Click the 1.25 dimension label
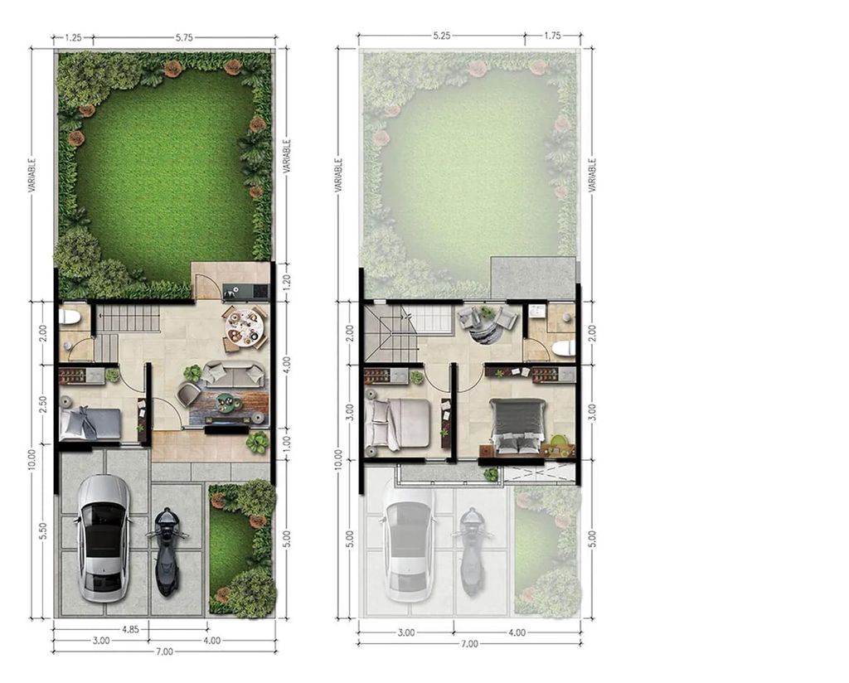pyautogui.click(x=73, y=38)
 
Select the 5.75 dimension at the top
pyautogui.click(x=184, y=38)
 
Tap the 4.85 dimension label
pyautogui.click(x=130, y=629)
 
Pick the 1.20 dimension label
pyautogui.click(x=288, y=281)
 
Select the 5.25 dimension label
pyautogui.click(x=442, y=36)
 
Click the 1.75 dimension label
pyautogui.click(x=553, y=36)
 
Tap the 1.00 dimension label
pyautogui.click(x=288, y=443)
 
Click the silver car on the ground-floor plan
pyautogui.click(x=104, y=539)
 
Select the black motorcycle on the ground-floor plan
pyautogui.click(x=167, y=552)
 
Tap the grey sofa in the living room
pyautogui.click(x=233, y=374)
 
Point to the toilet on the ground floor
pyautogui.click(x=70, y=317)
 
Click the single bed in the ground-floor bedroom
pyautogui.click(x=90, y=424)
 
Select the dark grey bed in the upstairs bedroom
pyautogui.click(x=517, y=425)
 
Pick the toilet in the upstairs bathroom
pyautogui.click(x=563, y=349)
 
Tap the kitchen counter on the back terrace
pyautogui.click(x=245, y=291)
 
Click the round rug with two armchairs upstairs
pyautogui.click(x=486, y=327)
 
